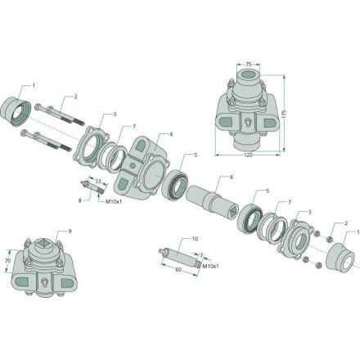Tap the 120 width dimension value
[248, 155]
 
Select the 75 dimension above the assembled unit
[248, 65]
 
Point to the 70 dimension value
[8, 261]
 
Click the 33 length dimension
[98, 181]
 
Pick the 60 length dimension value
[178, 269]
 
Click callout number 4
[171, 134]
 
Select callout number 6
[232, 177]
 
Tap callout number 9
[70, 232]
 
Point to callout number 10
[195, 239]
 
